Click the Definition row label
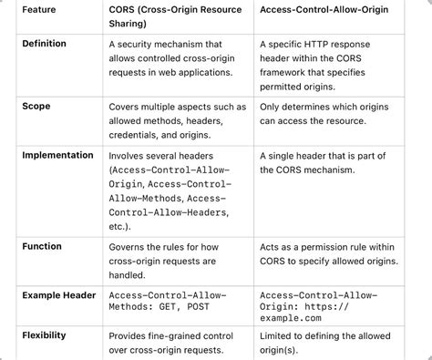click(x=44, y=44)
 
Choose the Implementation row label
click(x=57, y=155)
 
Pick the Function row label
click(x=42, y=246)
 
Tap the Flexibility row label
click(x=44, y=335)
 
